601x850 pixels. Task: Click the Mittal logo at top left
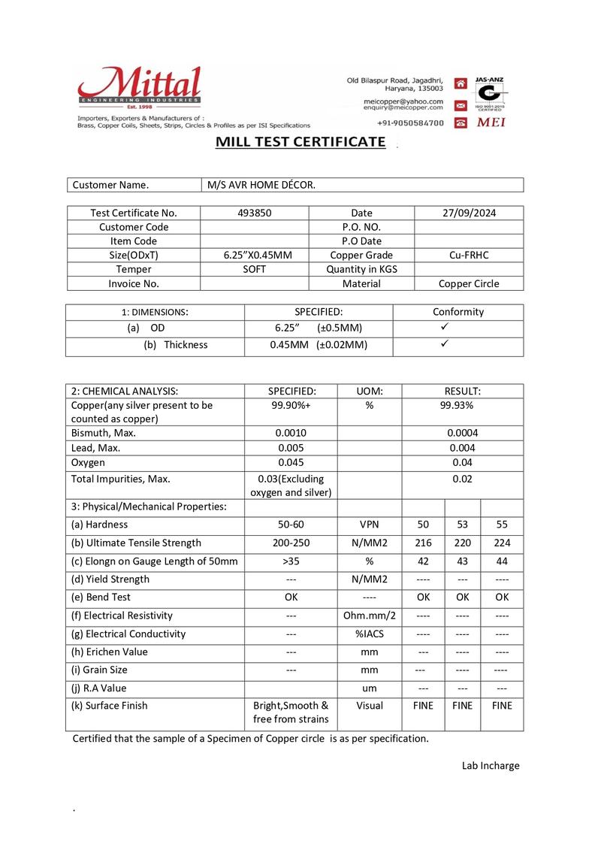point(140,89)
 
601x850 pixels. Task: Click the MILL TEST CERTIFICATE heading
point(300,142)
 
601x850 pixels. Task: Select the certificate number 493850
point(254,213)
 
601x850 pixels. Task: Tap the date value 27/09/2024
point(470,213)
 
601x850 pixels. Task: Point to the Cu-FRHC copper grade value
point(469,256)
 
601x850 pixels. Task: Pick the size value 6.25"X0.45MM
point(254,256)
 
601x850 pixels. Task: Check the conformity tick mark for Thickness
point(445,343)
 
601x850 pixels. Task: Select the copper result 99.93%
point(462,405)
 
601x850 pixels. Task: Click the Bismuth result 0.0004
point(462,433)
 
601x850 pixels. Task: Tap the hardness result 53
point(462,525)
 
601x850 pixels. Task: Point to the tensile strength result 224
point(502,543)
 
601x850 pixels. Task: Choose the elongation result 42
point(423,561)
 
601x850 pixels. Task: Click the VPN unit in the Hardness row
point(369,525)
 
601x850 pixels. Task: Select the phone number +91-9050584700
point(410,123)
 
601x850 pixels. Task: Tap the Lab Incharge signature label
point(490,766)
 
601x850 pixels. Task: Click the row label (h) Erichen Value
point(110,652)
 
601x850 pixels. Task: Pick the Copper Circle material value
point(469,284)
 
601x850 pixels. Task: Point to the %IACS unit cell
point(369,634)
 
